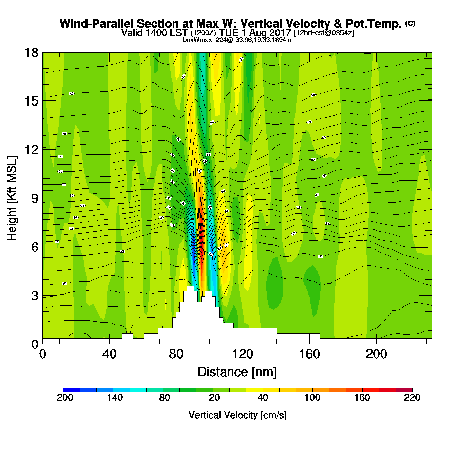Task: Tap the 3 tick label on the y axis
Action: point(35,296)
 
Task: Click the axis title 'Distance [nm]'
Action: point(237,372)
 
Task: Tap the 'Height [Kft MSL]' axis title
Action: point(12,198)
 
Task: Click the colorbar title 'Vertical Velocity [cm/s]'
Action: point(237,415)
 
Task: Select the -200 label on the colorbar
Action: point(63,398)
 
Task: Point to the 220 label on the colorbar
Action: point(412,398)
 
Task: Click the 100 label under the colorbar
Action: point(312,398)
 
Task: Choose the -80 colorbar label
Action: point(163,398)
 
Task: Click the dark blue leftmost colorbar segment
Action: point(72,390)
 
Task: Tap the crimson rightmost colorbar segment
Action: point(404,390)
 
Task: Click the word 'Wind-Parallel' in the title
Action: point(97,24)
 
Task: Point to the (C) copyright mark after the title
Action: point(410,23)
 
